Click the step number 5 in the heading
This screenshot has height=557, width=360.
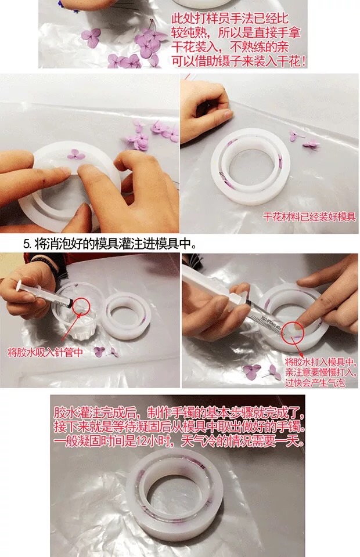click(26, 244)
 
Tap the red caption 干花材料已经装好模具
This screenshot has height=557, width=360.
click(309, 216)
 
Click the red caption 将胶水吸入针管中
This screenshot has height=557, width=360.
click(45, 352)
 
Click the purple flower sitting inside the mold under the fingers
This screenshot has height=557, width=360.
click(75, 155)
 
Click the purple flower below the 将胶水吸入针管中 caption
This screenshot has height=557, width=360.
click(99, 352)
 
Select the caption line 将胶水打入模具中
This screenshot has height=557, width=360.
click(319, 362)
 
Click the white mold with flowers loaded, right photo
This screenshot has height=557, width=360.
click(251, 167)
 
